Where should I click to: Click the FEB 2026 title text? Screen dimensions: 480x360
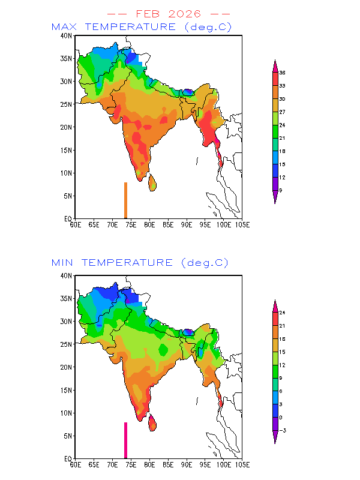168,13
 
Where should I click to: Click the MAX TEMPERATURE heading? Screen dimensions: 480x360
142,27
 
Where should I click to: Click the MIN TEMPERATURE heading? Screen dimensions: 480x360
140,263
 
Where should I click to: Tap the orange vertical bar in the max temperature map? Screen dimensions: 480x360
125,200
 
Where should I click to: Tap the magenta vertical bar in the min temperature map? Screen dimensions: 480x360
125,440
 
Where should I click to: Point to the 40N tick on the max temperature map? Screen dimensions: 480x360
67,36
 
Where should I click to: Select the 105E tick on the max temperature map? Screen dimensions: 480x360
242,224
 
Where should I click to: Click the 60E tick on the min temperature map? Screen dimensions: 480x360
76,464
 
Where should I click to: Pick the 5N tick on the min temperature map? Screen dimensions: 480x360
68,436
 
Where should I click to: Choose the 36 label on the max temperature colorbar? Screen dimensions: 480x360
281,73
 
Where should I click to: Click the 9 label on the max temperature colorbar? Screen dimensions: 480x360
280,190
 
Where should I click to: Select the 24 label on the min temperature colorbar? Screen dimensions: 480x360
281,313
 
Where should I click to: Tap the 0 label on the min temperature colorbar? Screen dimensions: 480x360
280,417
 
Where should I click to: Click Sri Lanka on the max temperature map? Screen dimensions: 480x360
152,182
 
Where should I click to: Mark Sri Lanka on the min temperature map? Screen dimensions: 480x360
152,422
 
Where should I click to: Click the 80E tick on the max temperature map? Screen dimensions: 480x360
149,224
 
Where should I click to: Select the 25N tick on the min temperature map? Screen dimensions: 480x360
67,344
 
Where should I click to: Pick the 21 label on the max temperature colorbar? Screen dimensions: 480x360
281,138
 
